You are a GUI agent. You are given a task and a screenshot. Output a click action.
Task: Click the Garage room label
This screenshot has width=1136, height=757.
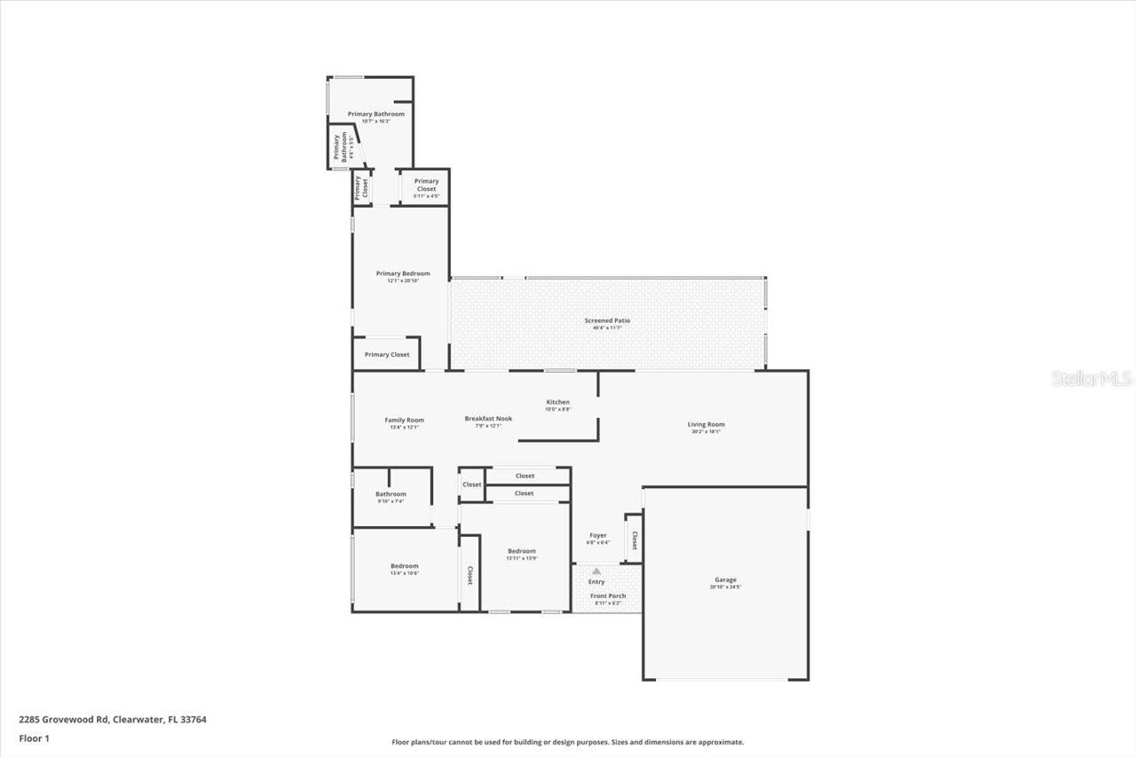point(725,580)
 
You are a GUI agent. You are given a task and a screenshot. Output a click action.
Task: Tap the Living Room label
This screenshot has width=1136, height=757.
point(706,424)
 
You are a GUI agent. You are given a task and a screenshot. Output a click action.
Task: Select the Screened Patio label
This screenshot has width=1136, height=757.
point(607,320)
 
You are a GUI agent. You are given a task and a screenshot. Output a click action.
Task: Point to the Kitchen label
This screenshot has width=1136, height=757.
point(557,402)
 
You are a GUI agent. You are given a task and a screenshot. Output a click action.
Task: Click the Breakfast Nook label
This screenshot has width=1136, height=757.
point(488,418)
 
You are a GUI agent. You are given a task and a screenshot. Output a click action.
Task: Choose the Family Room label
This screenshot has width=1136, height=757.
point(404,420)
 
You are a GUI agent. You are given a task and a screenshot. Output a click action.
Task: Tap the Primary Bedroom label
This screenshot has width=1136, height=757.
point(403,273)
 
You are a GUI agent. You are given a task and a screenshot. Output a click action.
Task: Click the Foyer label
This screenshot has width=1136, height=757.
point(598,535)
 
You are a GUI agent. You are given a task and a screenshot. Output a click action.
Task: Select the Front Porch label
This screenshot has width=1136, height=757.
point(608,595)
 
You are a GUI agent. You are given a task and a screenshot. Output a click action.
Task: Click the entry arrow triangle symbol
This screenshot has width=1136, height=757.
point(596,572)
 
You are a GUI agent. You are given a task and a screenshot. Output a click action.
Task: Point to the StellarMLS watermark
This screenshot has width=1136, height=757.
point(1092,379)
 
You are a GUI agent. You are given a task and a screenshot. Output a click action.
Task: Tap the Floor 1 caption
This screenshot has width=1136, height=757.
point(34,737)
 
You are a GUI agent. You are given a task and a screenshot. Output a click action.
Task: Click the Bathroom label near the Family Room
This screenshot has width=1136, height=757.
point(390,494)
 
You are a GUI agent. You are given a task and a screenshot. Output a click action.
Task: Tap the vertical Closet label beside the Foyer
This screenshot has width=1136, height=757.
point(634,540)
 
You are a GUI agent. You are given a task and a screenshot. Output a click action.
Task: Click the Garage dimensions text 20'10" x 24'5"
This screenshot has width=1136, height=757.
point(725,587)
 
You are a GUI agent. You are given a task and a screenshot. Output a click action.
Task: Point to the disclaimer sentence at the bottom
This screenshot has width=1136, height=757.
point(568,742)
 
